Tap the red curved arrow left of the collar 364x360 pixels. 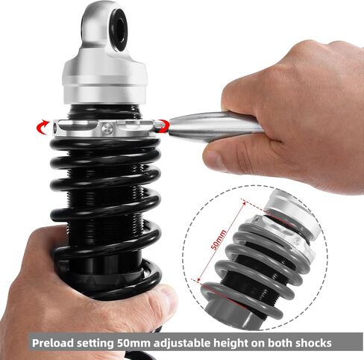click(43, 127)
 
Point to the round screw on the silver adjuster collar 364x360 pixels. click(107, 128)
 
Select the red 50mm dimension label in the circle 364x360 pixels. click(219, 240)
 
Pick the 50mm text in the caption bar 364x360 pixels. click(134, 343)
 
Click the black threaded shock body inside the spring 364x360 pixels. click(104, 199)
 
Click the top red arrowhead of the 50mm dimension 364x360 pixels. click(244, 202)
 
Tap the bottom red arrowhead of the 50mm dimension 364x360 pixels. click(198, 280)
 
